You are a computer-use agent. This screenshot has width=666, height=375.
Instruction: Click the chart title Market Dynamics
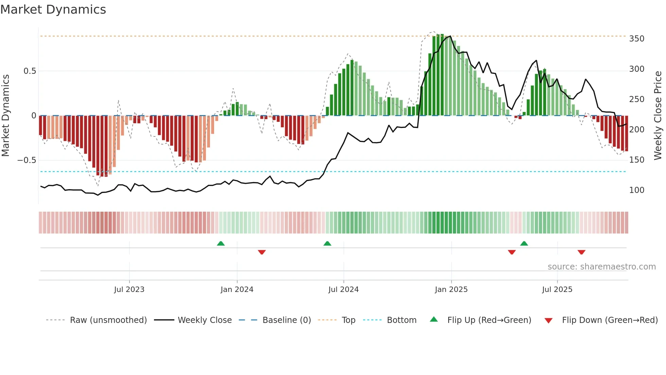53,10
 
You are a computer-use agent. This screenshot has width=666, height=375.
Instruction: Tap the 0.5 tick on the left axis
30,71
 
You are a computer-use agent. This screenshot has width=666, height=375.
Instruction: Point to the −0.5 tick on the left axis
27,160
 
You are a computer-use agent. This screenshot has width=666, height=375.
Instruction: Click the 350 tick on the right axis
636,39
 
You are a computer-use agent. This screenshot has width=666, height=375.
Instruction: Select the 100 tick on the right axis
636,190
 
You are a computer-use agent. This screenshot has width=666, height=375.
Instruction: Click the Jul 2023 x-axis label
129,290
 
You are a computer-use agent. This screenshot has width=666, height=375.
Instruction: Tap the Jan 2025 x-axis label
451,290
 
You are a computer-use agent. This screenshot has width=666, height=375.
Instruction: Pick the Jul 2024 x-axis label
343,290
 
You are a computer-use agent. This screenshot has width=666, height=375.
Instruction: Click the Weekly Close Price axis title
658,116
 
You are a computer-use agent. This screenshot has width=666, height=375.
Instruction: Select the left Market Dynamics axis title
6,116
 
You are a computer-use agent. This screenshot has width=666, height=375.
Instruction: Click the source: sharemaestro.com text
601,267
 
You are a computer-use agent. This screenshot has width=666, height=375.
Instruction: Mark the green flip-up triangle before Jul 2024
327,244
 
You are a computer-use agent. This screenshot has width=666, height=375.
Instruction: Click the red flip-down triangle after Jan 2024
262,252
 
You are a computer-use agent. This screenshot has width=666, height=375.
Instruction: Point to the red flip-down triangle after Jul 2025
581,252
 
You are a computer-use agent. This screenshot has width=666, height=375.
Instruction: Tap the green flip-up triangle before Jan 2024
221,244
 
